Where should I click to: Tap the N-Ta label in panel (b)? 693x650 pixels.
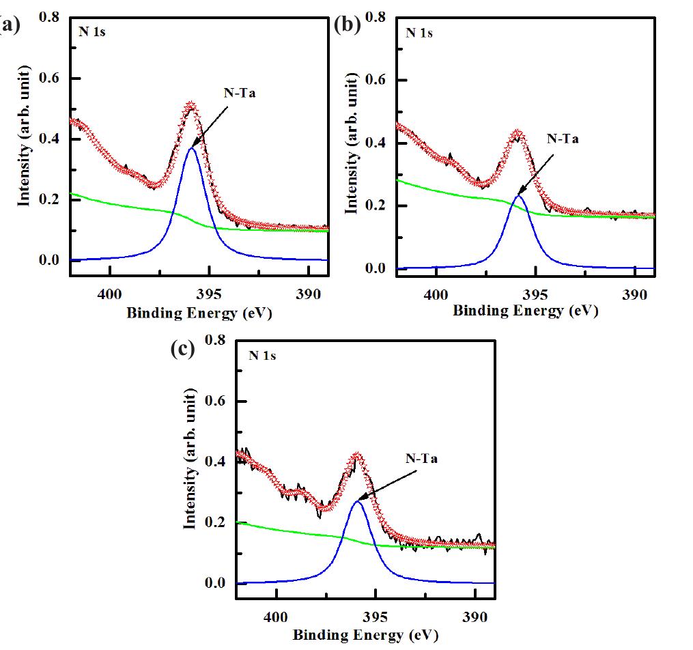[563, 139]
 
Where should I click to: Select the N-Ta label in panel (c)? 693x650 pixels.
[421, 459]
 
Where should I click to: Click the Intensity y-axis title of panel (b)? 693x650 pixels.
[352, 144]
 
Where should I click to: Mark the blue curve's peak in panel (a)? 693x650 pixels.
[192, 148]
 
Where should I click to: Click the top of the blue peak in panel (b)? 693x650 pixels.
[518, 195]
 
